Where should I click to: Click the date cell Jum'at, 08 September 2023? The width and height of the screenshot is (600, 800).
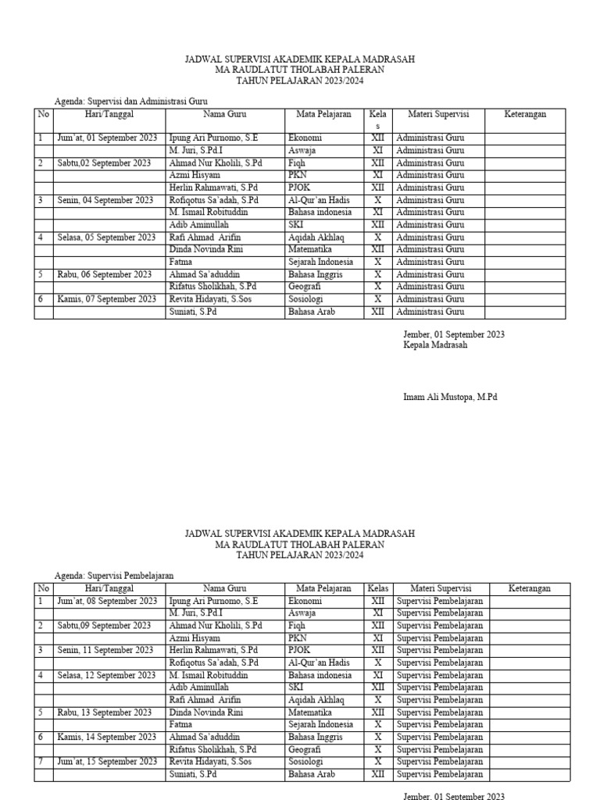pyautogui.click(x=107, y=601)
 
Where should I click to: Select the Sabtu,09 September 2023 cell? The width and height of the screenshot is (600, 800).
pyautogui.click(x=104, y=626)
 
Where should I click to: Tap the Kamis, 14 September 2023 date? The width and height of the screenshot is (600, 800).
pyautogui.click(x=107, y=737)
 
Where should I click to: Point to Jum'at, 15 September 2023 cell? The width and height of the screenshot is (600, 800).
pyautogui.click(x=107, y=762)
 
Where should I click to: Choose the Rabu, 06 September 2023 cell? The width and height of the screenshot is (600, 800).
pyautogui.click(x=104, y=274)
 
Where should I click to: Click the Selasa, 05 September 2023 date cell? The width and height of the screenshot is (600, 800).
pyautogui.click(x=106, y=237)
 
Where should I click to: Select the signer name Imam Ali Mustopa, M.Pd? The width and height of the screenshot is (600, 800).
pyautogui.click(x=449, y=397)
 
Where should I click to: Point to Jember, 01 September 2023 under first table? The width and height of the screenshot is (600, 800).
pyautogui.click(x=453, y=334)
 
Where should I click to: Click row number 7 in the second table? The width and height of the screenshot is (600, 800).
pyautogui.click(x=41, y=762)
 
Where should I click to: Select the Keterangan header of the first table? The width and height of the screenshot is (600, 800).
pyautogui.click(x=525, y=114)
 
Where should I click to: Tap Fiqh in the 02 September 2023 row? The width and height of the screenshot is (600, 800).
pyautogui.click(x=297, y=162)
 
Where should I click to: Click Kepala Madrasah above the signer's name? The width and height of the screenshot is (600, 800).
pyautogui.click(x=435, y=345)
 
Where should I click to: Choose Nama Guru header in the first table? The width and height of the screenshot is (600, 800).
pyautogui.click(x=225, y=114)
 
